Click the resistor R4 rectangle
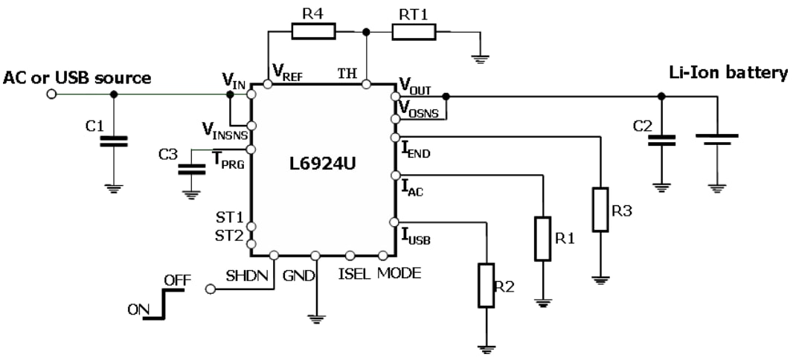tap(313, 31)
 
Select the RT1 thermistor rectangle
tap(414, 31)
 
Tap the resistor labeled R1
tap(543, 239)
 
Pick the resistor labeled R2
tap(487, 286)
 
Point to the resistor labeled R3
tap(600, 210)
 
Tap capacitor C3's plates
tap(191, 169)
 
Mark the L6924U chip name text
tap(321, 164)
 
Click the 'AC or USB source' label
tap(77, 77)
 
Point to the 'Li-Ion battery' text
tap(728, 73)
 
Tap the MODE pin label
tap(399, 274)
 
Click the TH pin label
tap(347, 73)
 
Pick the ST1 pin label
tap(229, 216)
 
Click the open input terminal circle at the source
tap(51, 94)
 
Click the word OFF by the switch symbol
tap(177, 280)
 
